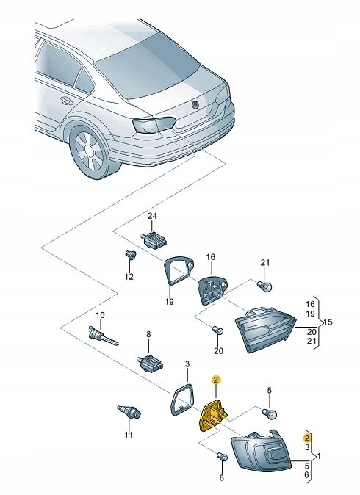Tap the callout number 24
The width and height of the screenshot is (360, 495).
[x=152, y=216]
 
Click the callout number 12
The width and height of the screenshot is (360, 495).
[x=129, y=277]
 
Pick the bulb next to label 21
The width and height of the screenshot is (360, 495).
[x=264, y=286]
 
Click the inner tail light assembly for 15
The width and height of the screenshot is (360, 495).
[x=264, y=329]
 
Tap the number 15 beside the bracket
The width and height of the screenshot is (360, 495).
[x=328, y=322]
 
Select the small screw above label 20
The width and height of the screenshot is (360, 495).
[x=217, y=330]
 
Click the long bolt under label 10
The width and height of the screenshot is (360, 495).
[x=104, y=336]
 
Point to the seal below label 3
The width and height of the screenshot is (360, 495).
[x=182, y=399]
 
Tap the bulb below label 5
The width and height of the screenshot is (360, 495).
[x=270, y=413]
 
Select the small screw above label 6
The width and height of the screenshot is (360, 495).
[x=222, y=457]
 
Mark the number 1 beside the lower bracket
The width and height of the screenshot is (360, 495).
[x=320, y=456]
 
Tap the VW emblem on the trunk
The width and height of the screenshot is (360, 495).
[x=195, y=105]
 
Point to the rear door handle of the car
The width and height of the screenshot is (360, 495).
[x=66, y=101]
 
